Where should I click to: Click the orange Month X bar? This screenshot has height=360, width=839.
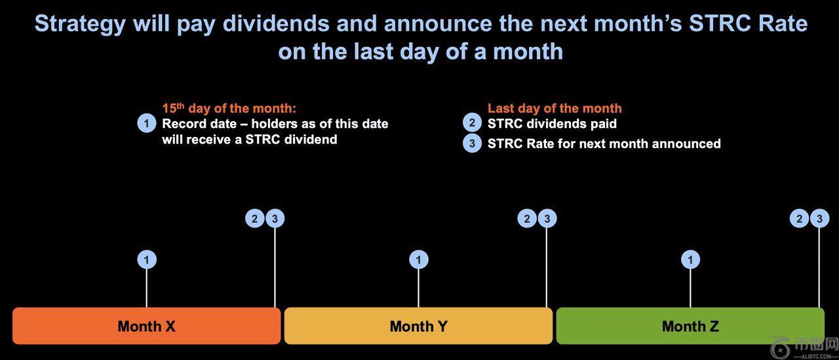(x=146, y=326)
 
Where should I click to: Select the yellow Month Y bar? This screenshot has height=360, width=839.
(x=418, y=326)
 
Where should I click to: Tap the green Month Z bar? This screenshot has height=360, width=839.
(x=690, y=326)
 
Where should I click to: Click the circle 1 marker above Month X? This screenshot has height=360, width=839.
(x=146, y=260)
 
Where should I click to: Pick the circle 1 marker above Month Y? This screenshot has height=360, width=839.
(x=418, y=260)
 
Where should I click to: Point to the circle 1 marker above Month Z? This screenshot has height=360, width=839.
(x=690, y=260)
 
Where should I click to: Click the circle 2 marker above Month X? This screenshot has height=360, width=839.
(x=255, y=218)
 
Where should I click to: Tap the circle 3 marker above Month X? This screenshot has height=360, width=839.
(x=275, y=218)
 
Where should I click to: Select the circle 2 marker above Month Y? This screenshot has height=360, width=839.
(x=527, y=218)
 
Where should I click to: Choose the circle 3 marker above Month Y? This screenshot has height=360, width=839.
(x=547, y=218)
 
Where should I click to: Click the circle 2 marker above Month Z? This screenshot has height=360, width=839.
(x=799, y=218)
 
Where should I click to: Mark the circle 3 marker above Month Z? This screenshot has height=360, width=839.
(x=819, y=218)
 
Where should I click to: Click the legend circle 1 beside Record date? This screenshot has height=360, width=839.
(x=146, y=123)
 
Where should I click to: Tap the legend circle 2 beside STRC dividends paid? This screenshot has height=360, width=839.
(x=472, y=123)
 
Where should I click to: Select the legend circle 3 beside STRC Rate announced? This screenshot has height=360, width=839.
(x=472, y=143)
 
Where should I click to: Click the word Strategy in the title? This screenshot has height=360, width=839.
(x=80, y=24)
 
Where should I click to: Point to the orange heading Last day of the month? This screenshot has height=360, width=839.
(x=555, y=108)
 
